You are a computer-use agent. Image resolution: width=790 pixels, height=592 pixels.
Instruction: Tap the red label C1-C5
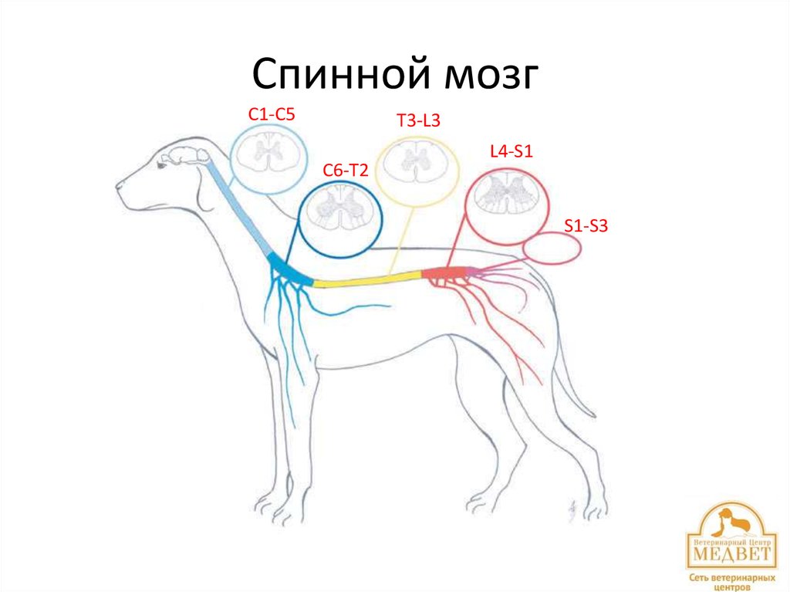point(272,114)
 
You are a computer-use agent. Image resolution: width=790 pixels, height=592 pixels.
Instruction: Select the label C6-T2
point(345,171)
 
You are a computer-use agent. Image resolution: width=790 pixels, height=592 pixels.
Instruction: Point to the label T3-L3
point(418,120)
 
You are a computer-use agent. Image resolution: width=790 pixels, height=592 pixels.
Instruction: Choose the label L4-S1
point(512,151)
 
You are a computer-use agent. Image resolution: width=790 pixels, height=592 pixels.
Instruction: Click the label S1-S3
point(586,226)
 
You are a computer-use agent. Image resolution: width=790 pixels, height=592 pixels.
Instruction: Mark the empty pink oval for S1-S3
point(551,248)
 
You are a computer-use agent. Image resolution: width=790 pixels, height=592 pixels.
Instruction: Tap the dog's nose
point(120,185)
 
